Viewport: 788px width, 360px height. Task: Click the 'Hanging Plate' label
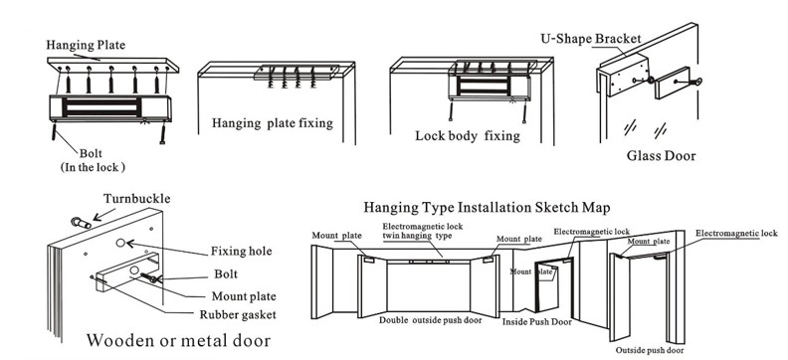86,45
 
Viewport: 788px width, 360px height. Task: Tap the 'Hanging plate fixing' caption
273,123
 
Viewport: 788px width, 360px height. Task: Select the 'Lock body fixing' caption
468,135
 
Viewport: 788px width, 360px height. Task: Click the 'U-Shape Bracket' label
590,39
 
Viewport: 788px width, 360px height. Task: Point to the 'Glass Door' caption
661,156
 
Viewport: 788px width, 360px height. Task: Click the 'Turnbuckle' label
136,199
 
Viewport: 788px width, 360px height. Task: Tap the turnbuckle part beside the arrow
81,223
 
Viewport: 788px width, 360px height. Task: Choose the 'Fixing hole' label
241,251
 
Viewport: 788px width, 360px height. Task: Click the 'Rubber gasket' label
238,315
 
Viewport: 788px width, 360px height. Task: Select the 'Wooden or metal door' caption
178,340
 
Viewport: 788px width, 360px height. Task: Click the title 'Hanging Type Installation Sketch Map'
487,208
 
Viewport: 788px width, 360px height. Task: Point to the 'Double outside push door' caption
430,320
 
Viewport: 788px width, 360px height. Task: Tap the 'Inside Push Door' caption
536,322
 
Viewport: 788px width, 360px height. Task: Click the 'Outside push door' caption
650,350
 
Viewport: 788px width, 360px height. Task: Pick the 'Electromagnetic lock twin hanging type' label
423,231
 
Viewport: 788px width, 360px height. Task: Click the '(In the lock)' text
93,168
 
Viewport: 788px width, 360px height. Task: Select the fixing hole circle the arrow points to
120,243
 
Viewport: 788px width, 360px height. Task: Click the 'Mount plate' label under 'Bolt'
244,296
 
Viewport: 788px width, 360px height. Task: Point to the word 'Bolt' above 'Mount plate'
226,274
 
